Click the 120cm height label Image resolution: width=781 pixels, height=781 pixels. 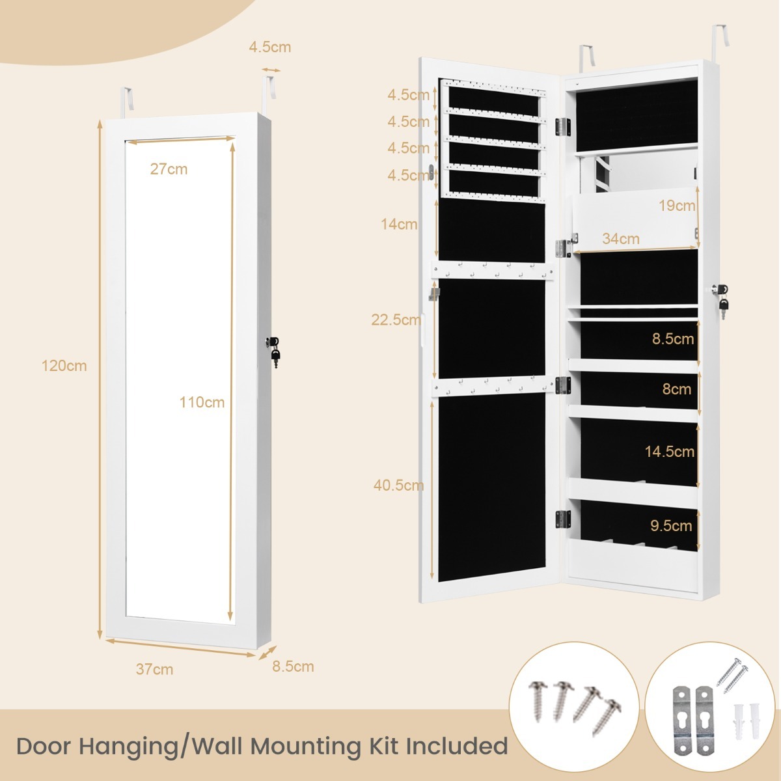(64, 366)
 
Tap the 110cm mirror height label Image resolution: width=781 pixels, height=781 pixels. (202, 402)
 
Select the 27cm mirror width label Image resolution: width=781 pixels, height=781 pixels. (169, 169)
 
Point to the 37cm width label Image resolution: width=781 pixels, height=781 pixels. (154, 669)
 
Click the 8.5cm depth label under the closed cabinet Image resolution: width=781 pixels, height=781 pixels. (293, 666)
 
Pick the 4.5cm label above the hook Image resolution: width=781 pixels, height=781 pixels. (269, 47)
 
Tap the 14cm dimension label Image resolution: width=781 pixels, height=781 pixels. (399, 225)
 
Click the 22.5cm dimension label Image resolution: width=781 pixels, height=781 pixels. (396, 320)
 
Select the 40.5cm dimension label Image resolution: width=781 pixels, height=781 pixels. (398, 485)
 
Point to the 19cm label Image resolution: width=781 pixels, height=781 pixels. (677, 206)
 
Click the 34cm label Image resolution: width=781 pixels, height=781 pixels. (620, 239)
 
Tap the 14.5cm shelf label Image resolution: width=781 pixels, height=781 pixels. (669, 452)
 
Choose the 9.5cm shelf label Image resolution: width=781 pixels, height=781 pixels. (671, 526)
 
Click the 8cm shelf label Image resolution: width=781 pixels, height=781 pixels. (676, 389)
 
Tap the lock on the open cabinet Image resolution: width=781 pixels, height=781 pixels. (720, 290)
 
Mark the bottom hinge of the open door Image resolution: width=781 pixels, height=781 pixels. (562, 519)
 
